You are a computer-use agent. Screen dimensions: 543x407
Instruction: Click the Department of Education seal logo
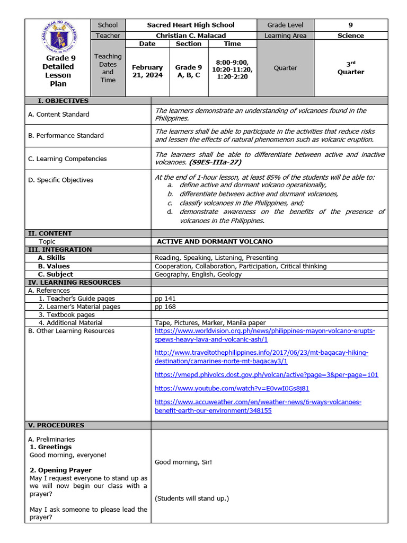(58, 36)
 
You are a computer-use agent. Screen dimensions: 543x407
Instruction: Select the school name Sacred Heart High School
(190, 25)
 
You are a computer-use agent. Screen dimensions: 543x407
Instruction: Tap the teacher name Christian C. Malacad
(190, 36)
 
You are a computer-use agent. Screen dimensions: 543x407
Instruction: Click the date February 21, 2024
(147, 71)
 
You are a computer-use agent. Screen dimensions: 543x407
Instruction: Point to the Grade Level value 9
(350, 25)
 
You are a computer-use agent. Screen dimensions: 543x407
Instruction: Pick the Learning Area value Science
(350, 36)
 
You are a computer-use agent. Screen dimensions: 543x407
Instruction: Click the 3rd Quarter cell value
(350, 68)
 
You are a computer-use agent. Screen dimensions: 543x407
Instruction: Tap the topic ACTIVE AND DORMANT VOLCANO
(215, 241)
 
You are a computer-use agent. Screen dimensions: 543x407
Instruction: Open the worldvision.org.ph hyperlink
(264, 335)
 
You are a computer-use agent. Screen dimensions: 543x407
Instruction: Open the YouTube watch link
(232, 388)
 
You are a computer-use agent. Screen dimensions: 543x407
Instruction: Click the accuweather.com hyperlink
(258, 406)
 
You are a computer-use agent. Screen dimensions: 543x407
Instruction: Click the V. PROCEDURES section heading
(56, 425)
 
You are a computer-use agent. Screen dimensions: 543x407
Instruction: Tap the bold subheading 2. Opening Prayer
(60, 470)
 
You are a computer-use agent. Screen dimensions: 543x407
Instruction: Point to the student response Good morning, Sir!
(183, 462)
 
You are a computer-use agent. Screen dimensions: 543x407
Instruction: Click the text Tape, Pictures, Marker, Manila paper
(210, 322)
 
